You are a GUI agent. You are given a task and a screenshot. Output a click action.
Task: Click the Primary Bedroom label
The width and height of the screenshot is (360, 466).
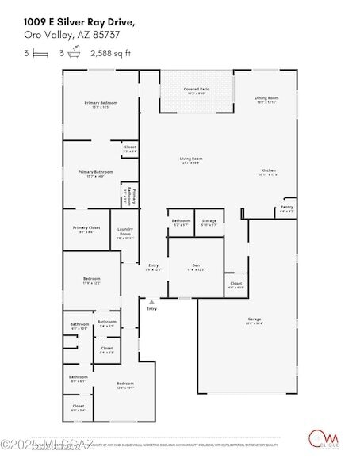click(101, 104)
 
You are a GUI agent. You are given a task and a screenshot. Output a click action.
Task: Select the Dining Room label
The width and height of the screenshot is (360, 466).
click(266, 97)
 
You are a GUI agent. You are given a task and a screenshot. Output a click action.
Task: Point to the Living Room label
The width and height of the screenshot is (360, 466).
click(191, 159)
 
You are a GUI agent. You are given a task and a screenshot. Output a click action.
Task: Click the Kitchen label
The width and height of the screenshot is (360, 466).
click(269, 171)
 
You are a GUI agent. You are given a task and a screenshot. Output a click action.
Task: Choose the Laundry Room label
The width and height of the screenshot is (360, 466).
click(125, 233)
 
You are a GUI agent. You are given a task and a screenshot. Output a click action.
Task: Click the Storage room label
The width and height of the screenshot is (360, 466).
click(209, 221)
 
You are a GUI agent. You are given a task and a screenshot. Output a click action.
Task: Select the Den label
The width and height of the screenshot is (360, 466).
click(196, 266)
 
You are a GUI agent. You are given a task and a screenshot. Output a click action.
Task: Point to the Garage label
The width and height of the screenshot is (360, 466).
click(254, 320)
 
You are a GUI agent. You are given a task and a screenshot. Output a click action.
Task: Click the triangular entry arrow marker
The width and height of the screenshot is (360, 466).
click(151, 302)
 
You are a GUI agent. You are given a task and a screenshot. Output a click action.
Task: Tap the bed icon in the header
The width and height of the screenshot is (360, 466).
click(40, 53)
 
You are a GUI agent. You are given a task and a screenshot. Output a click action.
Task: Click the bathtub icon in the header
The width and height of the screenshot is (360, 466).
click(75, 53)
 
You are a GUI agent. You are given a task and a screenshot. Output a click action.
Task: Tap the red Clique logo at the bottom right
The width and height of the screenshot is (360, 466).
click(320, 437)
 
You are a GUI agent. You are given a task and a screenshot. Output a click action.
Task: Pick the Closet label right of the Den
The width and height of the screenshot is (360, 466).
click(236, 284)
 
